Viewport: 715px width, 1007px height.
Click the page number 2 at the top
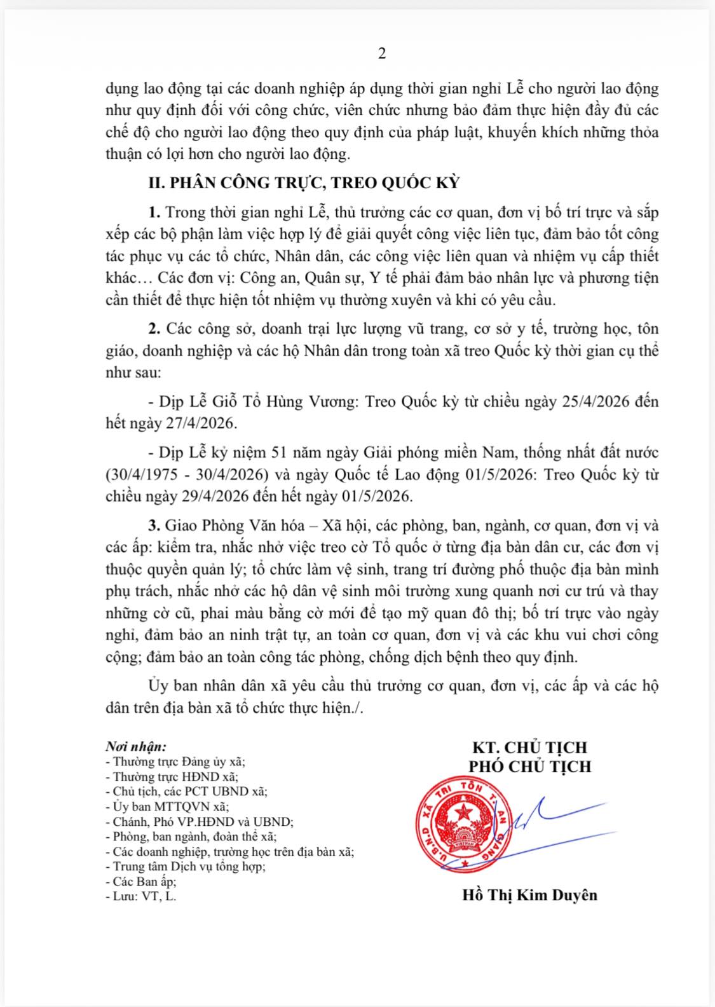[382, 54]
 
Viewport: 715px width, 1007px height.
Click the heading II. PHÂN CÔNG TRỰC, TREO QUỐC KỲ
[303, 184]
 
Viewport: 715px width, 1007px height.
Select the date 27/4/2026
[202, 422]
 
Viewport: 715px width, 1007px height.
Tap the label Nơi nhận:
[135, 746]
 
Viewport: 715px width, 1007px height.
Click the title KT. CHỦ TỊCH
[529, 747]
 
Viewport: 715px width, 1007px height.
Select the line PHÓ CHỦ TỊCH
[529, 766]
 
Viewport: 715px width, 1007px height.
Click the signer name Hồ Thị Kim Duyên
[529, 895]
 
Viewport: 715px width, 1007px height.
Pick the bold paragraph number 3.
[153, 526]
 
